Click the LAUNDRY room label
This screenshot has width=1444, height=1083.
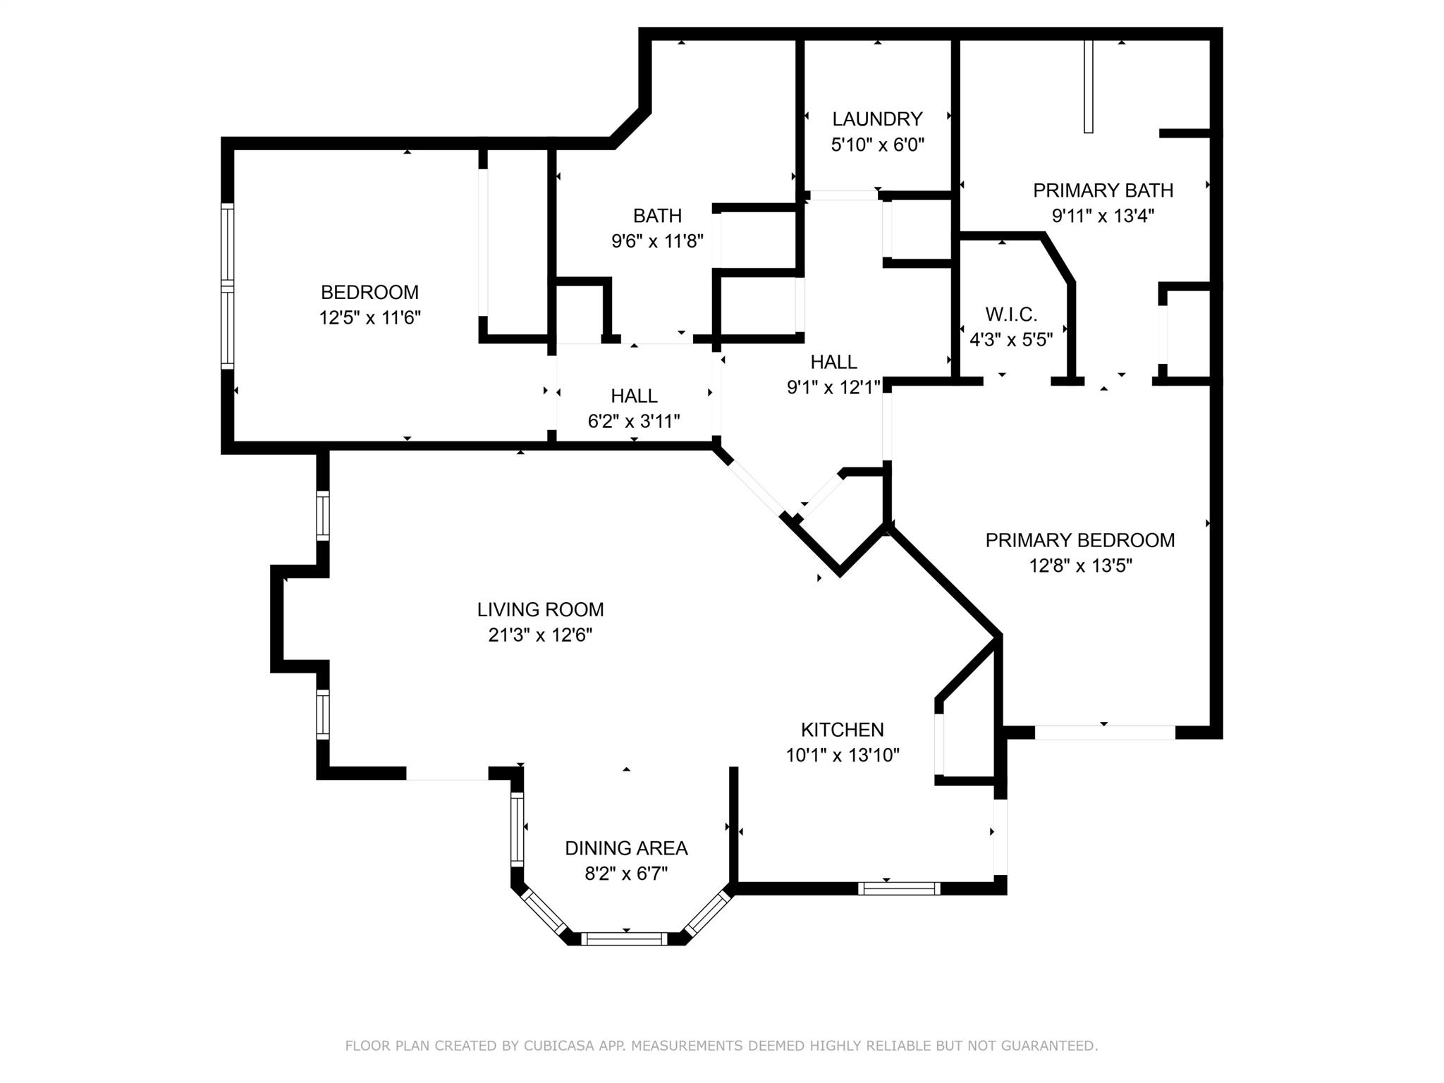pyautogui.click(x=877, y=118)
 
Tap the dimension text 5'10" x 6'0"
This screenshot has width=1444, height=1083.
pyautogui.click(x=877, y=145)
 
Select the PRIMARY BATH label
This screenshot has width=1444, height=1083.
pyautogui.click(x=1103, y=190)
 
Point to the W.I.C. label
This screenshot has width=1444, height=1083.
pyautogui.click(x=1011, y=314)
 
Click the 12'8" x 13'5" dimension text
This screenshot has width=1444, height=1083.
pyautogui.click(x=1080, y=566)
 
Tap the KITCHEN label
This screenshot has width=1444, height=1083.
pyautogui.click(x=842, y=730)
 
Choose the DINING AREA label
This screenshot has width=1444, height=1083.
pyautogui.click(x=626, y=848)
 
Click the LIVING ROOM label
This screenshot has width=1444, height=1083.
pyautogui.click(x=540, y=609)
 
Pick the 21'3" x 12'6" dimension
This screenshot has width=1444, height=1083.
pyautogui.click(x=540, y=635)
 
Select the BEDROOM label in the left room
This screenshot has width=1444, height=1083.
pyautogui.click(x=369, y=292)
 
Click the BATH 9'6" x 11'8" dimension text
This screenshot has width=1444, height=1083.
pyautogui.click(x=657, y=242)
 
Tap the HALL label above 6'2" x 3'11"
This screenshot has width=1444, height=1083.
pyautogui.click(x=634, y=396)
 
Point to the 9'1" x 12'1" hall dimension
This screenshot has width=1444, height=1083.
pyautogui.click(x=833, y=387)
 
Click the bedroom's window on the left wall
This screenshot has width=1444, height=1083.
pyautogui.click(x=227, y=286)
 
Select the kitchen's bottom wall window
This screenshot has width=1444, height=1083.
pyautogui.click(x=898, y=888)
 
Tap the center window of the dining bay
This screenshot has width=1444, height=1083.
pyautogui.click(x=626, y=938)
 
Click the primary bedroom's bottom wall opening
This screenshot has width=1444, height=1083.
pyautogui.click(x=1104, y=733)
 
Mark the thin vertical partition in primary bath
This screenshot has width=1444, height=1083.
pyautogui.click(x=1088, y=86)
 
